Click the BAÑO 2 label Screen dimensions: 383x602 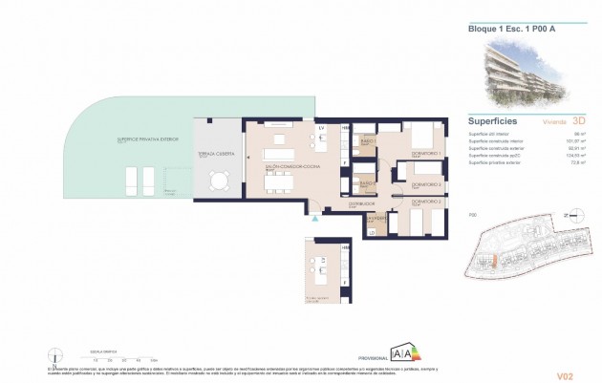click(x=363, y=182)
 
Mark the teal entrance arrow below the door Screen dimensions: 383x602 click(x=312, y=219)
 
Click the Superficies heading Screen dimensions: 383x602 click(x=494, y=121)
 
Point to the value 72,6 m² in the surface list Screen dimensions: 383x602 click(x=577, y=164)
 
